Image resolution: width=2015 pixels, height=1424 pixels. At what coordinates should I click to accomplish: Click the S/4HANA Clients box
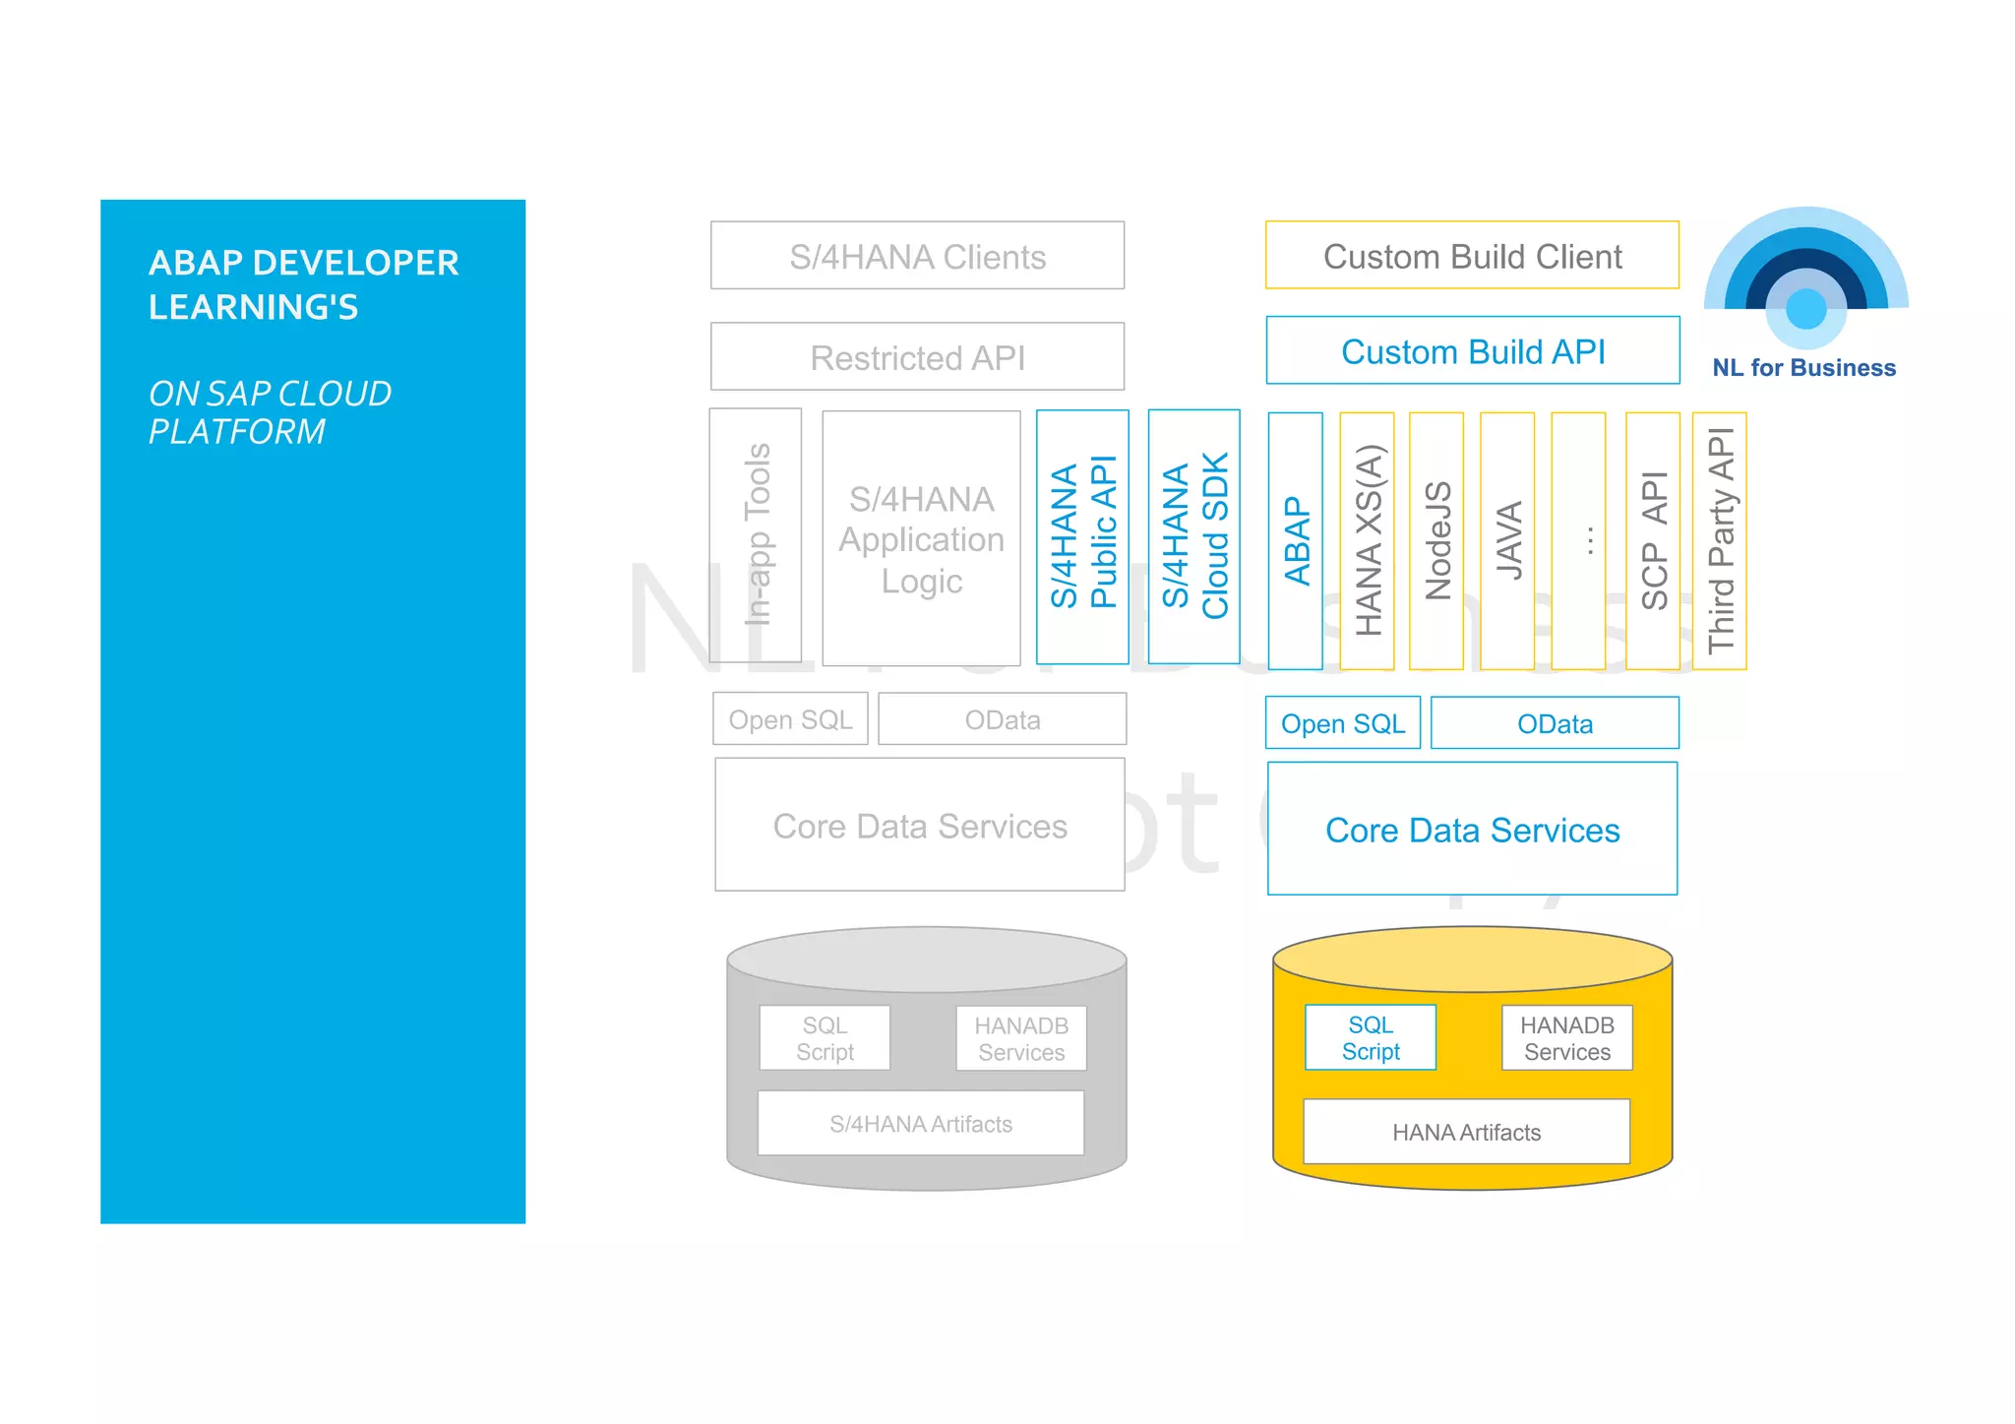917,256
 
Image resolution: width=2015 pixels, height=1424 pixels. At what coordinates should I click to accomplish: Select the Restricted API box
917,357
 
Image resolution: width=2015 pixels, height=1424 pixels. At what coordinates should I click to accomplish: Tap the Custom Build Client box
1472,256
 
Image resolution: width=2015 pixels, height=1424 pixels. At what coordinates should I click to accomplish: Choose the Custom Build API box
1472,351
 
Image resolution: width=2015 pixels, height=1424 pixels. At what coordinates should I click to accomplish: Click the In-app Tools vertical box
756,535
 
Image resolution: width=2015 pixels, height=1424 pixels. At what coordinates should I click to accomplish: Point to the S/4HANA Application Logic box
921,539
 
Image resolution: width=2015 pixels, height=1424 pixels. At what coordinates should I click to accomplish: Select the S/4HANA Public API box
1082,537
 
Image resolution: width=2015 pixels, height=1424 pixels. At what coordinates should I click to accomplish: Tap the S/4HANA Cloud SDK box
1193,536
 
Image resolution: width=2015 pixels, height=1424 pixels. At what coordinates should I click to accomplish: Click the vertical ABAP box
1296,541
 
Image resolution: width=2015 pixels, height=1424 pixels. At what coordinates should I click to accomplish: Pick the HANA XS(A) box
1367,541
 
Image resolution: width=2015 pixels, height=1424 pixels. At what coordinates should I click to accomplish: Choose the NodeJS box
1436,541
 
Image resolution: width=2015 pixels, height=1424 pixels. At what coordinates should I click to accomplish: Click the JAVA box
1507,541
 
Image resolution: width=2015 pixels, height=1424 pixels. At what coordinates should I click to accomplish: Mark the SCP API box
1653,541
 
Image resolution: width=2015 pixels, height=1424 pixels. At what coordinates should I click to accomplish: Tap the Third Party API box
1719,541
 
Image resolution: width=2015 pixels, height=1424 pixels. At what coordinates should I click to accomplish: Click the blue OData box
1555,724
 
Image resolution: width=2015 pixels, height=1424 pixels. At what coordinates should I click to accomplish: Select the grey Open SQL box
790,720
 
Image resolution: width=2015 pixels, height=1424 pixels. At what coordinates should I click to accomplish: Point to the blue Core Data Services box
1472,830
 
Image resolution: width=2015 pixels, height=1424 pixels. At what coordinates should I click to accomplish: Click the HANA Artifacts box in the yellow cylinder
1466,1133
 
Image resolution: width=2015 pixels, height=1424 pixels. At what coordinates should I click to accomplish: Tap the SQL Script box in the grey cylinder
824,1038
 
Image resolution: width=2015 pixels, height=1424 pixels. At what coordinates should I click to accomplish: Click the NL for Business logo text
1803,368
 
